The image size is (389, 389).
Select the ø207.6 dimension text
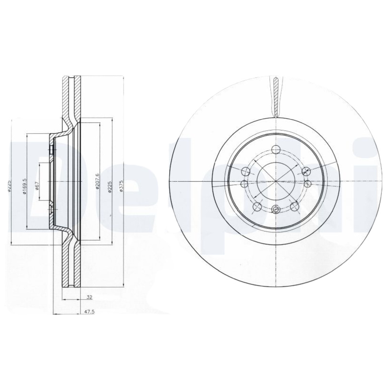pos(98,181)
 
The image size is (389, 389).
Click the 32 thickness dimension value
pos(89,296)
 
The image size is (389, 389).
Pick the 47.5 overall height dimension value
pos(89,313)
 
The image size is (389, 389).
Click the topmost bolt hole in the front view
pos(276,150)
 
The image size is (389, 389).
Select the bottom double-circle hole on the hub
pos(276,210)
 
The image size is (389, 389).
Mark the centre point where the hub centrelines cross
pos(276,180)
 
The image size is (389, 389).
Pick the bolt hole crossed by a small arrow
pos(306,171)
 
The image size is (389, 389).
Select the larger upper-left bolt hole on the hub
pos(246,171)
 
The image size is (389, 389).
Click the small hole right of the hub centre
pos(308,183)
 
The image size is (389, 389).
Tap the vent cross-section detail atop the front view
pos(276,95)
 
